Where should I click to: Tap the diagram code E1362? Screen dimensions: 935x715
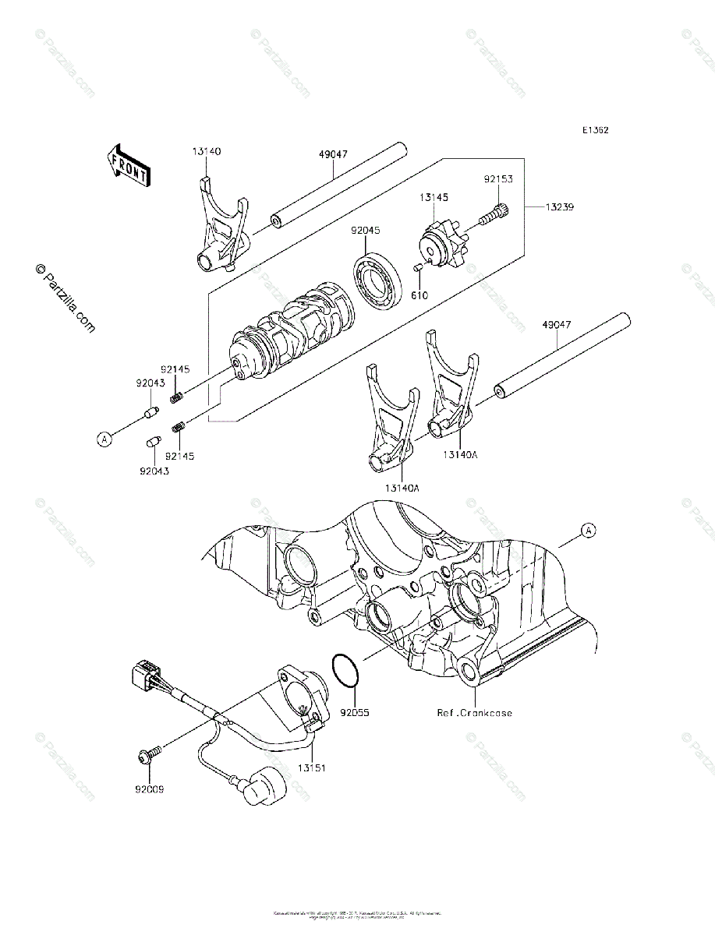[594, 130]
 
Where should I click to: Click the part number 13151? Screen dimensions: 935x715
[310, 767]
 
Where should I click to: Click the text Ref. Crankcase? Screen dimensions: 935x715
[475, 712]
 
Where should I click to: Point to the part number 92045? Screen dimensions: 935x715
[365, 231]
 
